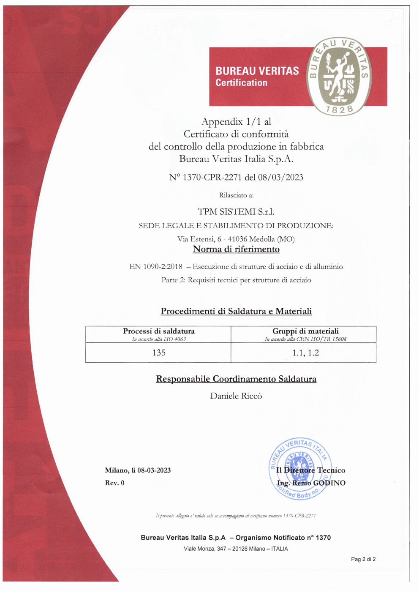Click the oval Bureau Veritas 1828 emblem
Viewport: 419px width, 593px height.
click(339, 76)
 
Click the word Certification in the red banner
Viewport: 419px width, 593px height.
click(241, 83)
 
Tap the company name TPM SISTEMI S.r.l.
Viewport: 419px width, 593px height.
click(236, 211)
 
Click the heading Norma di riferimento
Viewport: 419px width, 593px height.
click(236, 249)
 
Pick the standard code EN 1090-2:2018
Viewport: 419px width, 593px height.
click(156, 267)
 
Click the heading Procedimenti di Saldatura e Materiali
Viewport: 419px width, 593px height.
click(236, 312)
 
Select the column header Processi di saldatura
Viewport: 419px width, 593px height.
click(159, 331)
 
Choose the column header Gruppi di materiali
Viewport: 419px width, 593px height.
click(305, 331)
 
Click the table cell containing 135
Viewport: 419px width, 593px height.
click(159, 353)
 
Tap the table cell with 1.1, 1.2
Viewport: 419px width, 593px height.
click(305, 353)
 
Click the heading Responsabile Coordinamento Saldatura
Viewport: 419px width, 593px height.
click(236, 379)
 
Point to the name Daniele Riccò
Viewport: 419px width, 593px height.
click(236, 396)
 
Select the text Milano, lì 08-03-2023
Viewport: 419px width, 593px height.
click(138, 470)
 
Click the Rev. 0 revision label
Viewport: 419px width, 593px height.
click(115, 483)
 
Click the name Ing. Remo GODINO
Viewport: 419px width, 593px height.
click(311, 483)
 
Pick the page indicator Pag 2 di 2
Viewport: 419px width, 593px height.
click(363, 559)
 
